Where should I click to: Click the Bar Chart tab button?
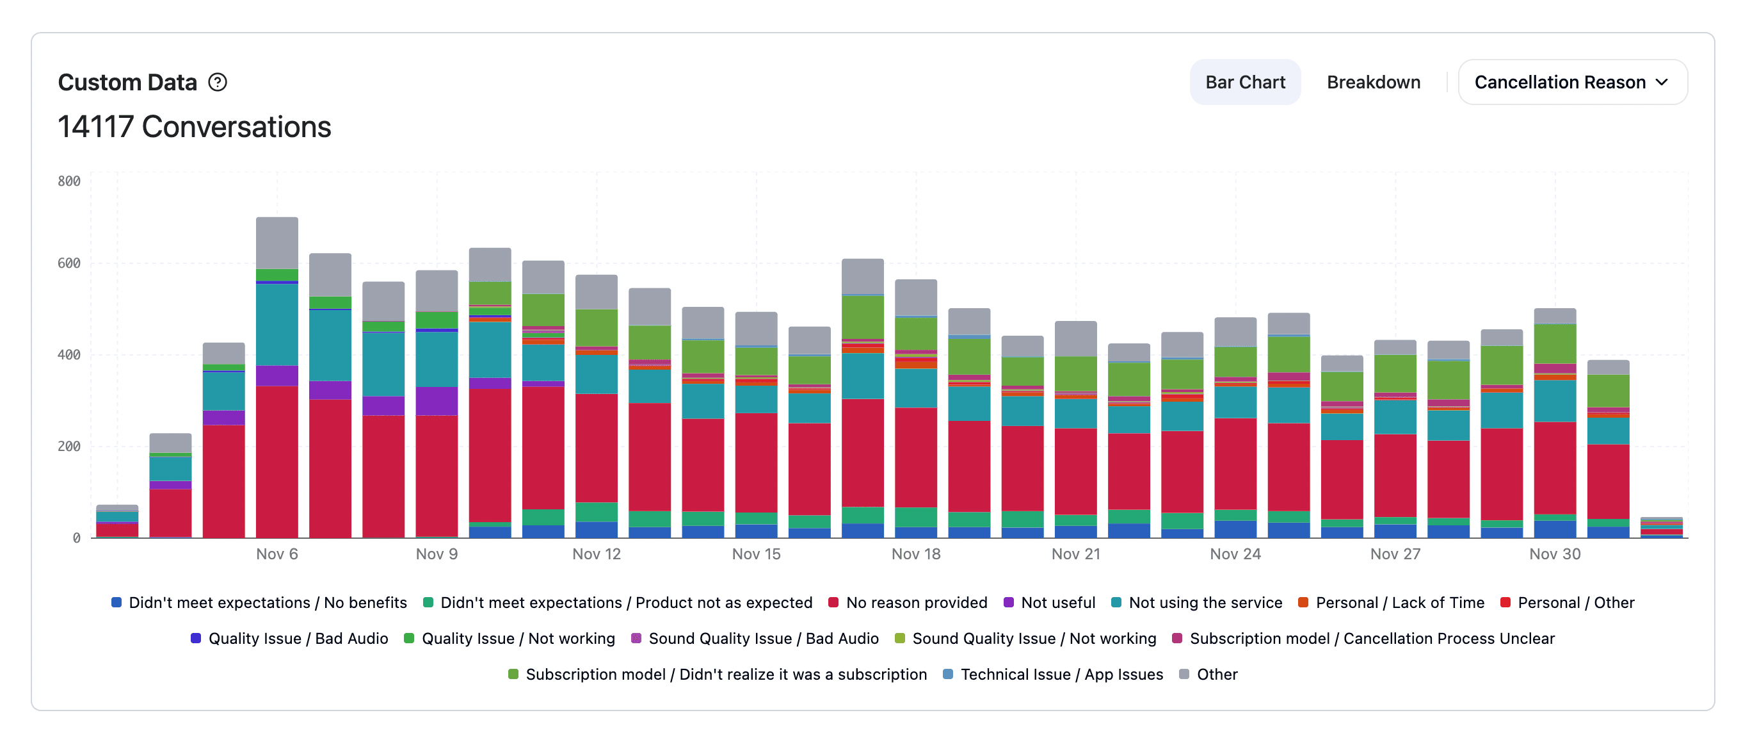[1244, 82]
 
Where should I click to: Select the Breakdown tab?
[1373, 82]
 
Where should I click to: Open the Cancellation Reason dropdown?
[1572, 82]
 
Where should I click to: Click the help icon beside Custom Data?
[218, 82]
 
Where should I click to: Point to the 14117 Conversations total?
[195, 127]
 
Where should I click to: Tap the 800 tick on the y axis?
[68, 181]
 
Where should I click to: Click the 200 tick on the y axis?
[68, 447]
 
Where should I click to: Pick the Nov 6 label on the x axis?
[277, 554]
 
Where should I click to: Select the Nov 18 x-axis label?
[916, 554]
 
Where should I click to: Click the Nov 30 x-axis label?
[1554, 554]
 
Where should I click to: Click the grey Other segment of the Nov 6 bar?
[277, 243]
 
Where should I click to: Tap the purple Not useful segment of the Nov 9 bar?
[436, 401]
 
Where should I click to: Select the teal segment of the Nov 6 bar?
[277, 324]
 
